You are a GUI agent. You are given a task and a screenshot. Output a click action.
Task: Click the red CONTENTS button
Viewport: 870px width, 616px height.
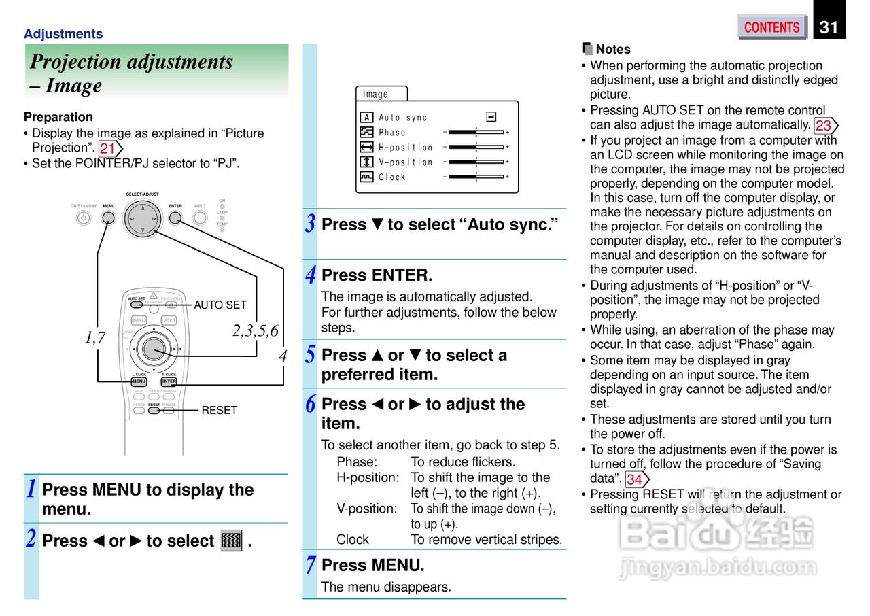(771, 27)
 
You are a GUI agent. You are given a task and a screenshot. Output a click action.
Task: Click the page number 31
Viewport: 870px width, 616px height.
(829, 27)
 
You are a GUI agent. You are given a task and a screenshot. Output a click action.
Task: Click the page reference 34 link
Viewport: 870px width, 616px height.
(635, 479)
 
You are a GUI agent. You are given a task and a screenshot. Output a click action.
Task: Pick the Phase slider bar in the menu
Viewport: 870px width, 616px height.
(476, 132)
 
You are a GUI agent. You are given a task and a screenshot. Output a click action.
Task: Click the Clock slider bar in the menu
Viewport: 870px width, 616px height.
(476, 177)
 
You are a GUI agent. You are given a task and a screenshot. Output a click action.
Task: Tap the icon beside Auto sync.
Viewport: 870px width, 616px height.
(367, 118)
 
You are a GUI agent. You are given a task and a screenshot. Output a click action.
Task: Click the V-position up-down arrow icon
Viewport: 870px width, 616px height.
(367, 162)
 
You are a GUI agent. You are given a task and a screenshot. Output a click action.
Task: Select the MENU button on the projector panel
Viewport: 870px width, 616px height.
(109, 218)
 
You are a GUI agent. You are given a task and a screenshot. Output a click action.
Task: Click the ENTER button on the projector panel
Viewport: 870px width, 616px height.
(175, 218)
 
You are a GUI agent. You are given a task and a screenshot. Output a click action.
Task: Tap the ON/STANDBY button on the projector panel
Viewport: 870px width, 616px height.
(83, 218)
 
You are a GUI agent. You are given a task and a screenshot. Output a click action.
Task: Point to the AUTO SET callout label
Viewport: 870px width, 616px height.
(220, 305)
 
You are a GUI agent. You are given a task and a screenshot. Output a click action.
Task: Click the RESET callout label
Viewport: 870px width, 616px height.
(219, 410)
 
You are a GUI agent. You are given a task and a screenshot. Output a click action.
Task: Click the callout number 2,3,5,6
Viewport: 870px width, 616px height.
(255, 331)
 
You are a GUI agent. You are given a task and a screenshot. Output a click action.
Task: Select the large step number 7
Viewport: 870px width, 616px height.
(310, 565)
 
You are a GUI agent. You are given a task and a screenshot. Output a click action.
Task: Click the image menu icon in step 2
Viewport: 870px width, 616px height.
(232, 541)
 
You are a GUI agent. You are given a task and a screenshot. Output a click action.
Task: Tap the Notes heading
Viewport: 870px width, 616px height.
(612, 49)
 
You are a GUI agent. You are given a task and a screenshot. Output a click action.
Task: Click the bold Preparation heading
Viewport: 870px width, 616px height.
(58, 117)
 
